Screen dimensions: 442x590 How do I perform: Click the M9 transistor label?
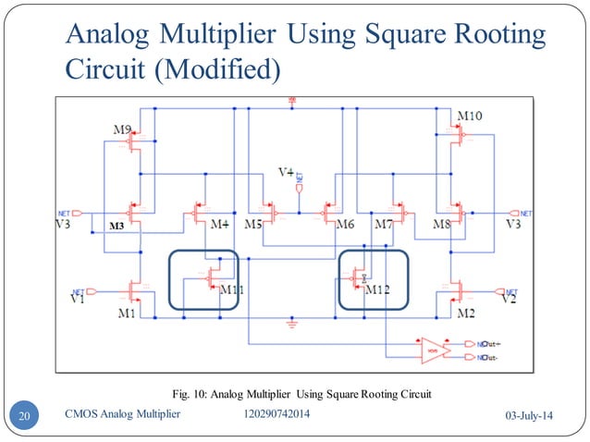pyautogui.click(x=121, y=129)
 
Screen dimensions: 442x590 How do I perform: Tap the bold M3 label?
pyautogui.click(x=117, y=227)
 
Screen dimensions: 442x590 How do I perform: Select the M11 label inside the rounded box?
pyautogui.click(x=231, y=289)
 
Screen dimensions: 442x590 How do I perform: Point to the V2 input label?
pyautogui.click(x=507, y=300)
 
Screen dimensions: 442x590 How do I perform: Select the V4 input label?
pyautogui.click(x=288, y=173)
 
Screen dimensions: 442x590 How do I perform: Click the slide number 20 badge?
pyautogui.click(x=26, y=416)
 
